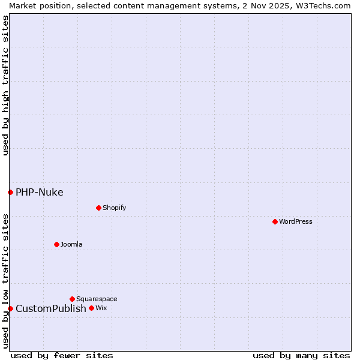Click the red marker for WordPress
point(275,221)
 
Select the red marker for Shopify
point(98,208)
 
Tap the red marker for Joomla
point(56,244)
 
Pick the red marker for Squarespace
point(72,299)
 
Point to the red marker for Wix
point(91,308)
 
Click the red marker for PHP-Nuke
point(10,192)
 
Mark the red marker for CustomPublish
point(10,308)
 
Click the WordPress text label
point(296,221)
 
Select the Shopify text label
point(114,208)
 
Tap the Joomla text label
point(71,244)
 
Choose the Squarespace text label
point(97,299)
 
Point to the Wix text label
point(101,308)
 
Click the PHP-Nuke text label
point(40,192)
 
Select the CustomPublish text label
point(51,308)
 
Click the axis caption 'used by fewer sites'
point(62,355)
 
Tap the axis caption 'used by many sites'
point(301,355)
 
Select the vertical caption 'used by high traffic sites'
point(5,85)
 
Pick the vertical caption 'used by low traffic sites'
point(5,281)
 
